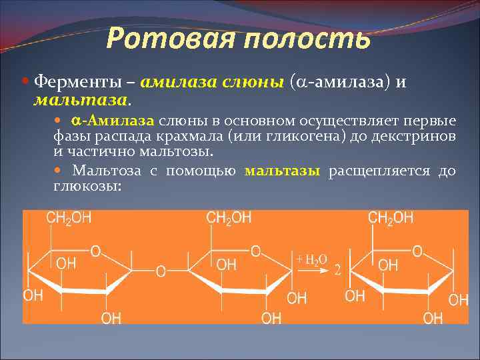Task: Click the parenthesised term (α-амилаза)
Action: (x=339, y=83)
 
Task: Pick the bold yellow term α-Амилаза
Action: (x=113, y=121)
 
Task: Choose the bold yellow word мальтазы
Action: (x=283, y=171)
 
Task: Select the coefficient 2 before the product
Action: (x=338, y=271)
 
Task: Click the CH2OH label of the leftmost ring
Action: (x=69, y=218)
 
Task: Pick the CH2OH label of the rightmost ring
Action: (x=391, y=218)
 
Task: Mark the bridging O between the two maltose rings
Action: (x=161, y=272)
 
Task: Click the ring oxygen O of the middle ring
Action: (x=256, y=251)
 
